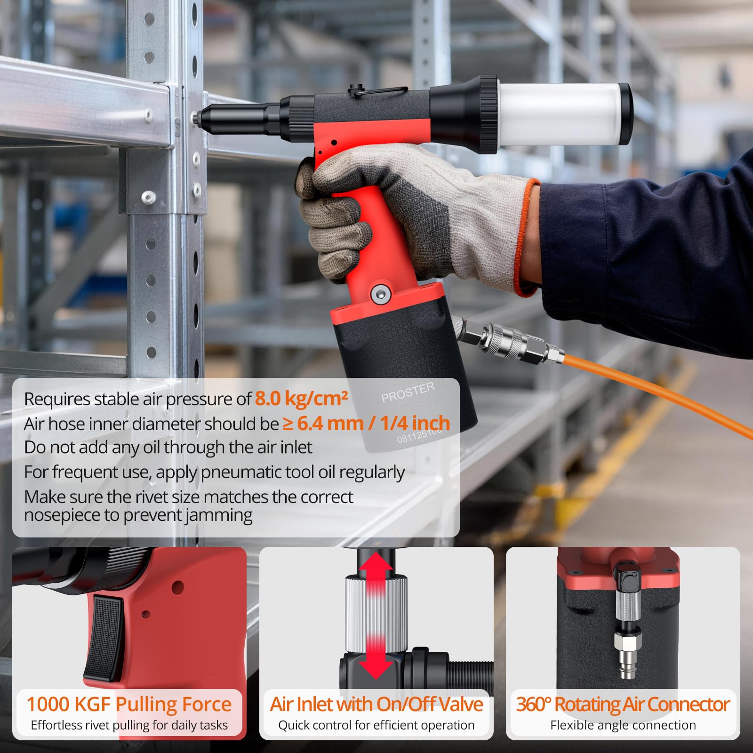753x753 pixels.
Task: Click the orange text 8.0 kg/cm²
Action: tap(301, 399)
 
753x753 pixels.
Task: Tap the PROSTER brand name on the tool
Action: tap(408, 393)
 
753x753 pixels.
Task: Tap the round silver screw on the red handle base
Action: tap(381, 295)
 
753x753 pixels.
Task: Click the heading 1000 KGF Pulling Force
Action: tap(129, 704)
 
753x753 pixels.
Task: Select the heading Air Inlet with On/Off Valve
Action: tap(376, 704)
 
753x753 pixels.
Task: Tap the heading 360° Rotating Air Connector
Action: tap(623, 704)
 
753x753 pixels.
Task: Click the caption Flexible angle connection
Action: tap(623, 725)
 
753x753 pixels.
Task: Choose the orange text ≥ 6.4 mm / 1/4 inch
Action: tap(367, 423)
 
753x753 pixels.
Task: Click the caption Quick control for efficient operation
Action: tap(376, 725)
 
